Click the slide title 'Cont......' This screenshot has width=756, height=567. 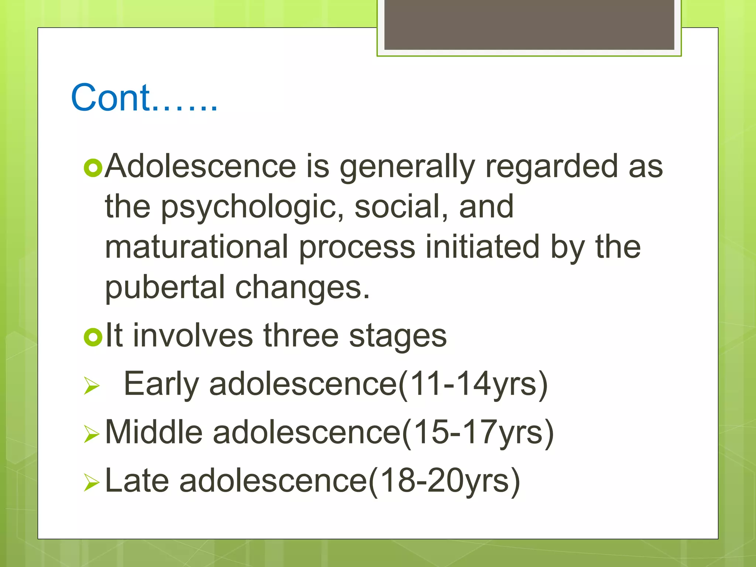coord(144,98)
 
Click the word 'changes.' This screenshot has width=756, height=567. coord(302,288)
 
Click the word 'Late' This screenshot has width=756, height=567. coord(137,480)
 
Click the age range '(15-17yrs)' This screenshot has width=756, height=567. coord(478,432)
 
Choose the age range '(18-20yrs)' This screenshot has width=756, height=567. coord(444,480)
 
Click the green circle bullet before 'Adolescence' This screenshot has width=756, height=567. coord(93,168)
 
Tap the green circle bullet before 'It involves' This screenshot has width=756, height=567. coord(93,337)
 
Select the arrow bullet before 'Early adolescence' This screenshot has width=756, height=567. coord(92,386)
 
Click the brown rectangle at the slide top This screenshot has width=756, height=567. coord(529,25)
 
